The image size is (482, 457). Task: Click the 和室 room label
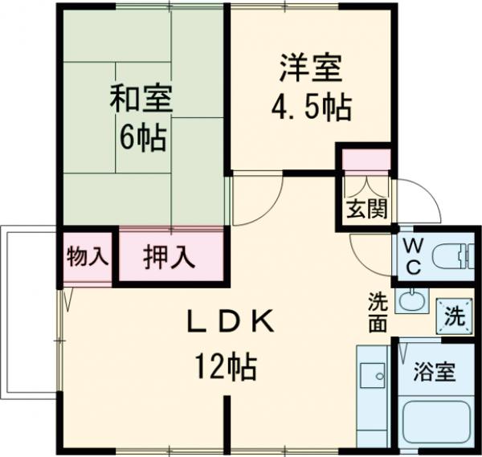coord(141,100)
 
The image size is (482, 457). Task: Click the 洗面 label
coord(378,312)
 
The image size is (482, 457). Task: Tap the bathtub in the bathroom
coord(435,422)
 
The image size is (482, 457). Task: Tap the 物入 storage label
coord(87,257)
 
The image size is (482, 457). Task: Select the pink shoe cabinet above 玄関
coord(366,159)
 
